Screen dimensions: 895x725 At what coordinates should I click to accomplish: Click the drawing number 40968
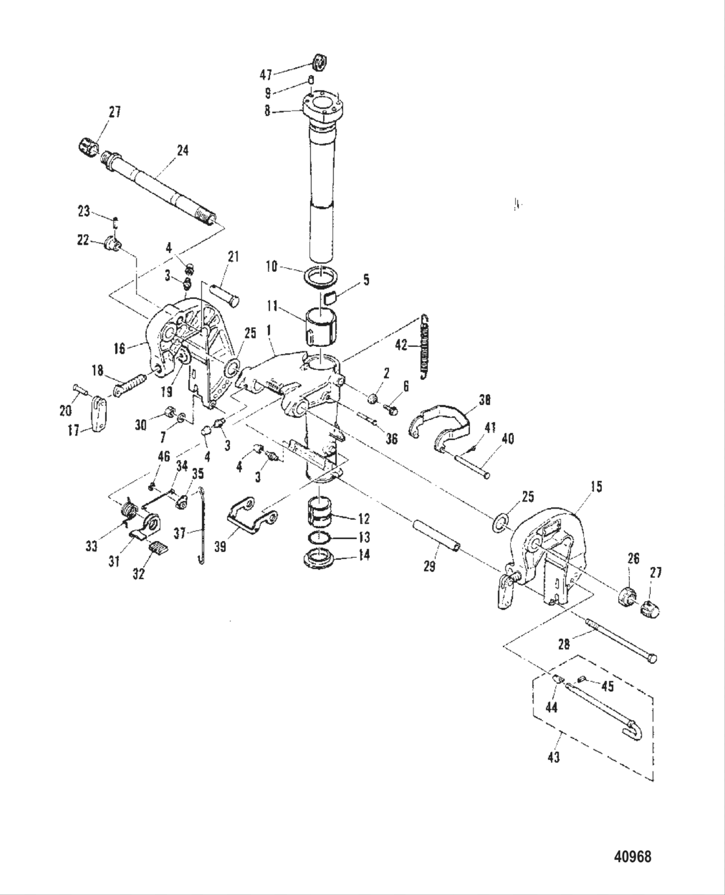pyautogui.click(x=632, y=857)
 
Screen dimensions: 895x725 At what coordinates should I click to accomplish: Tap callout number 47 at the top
pyautogui.click(x=267, y=74)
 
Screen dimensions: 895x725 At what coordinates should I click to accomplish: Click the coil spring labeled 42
pyautogui.click(x=424, y=346)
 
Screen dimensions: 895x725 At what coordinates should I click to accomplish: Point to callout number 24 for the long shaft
pyautogui.click(x=183, y=150)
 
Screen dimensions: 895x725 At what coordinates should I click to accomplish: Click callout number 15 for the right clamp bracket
pyautogui.click(x=596, y=487)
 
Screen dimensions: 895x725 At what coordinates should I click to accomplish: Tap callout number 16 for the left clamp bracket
pyautogui.click(x=119, y=349)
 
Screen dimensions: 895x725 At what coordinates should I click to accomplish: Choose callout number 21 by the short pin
pyautogui.click(x=233, y=257)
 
